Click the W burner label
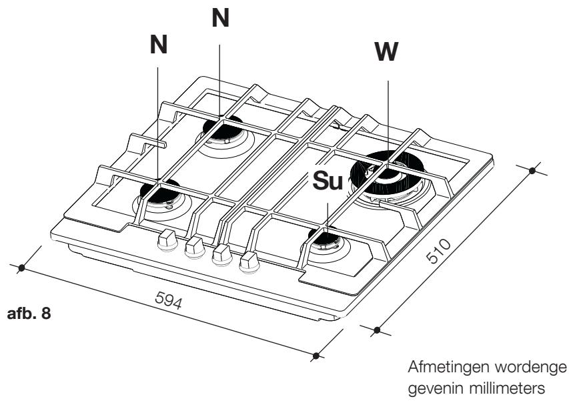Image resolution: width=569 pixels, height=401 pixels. click(387, 51)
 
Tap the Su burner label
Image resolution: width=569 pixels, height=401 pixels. click(328, 181)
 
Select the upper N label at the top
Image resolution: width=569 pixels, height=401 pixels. click(220, 18)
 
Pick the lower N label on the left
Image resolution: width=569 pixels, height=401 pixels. click(159, 44)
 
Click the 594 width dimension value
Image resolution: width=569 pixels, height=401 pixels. click(168, 300)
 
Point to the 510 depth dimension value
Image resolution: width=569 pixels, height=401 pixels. click(438, 251)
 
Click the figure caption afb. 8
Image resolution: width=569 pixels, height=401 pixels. click(29, 314)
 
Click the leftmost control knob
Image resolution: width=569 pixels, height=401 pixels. click(167, 240)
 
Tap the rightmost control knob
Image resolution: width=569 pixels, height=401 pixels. click(249, 262)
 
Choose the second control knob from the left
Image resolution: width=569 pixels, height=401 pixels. click(195, 248)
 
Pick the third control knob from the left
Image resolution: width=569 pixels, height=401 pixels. click(222, 255)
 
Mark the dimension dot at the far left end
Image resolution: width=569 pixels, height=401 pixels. click(21, 268)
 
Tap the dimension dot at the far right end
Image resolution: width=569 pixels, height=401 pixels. click(532, 171)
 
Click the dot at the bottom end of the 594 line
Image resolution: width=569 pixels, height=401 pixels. click(316, 356)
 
